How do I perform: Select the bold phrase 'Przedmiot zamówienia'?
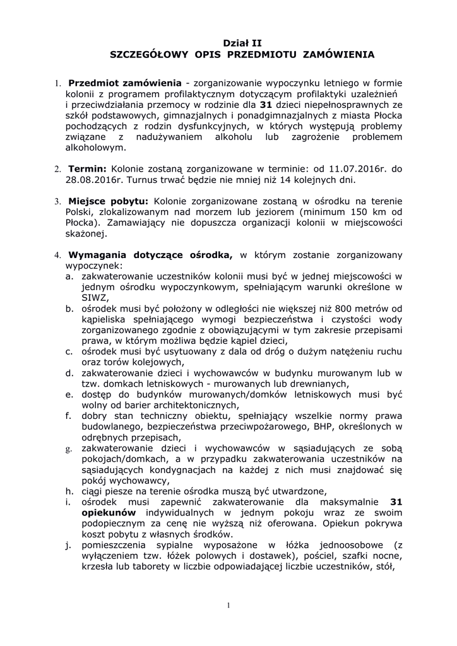click(x=125, y=83)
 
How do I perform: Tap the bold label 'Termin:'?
click(x=88, y=169)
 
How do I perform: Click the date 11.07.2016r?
click(x=357, y=169)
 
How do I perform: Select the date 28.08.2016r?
click(x=94, y=180)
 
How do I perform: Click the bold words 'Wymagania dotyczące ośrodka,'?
click(x=151, y=255)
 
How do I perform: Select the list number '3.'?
click(x=56, y=201)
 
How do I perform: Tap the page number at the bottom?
click(x=228, y=606)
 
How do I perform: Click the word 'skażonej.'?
click(x=87, y=233)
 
